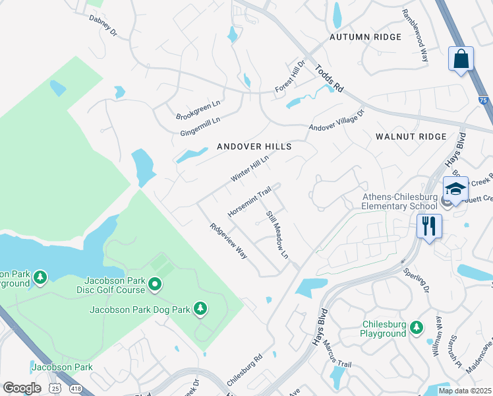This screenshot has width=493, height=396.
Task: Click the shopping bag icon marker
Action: (x=461, y=58)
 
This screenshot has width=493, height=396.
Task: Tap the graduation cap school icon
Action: (x=455, y=189)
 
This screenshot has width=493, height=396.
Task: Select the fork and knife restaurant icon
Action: (x=429, y=226)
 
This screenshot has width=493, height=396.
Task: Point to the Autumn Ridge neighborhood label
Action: (x=366, y=37)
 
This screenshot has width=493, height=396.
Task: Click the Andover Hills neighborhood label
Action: (x=254, y=147)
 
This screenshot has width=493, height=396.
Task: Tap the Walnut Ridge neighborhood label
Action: (x=411, y=137)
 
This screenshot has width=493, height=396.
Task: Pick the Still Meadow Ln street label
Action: (x=277, y=234)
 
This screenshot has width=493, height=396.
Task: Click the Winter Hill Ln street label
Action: (x=250, y=169)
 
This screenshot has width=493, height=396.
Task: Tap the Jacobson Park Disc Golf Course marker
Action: (x=156, y=285)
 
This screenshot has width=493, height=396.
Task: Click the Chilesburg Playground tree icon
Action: (x=416, y=327)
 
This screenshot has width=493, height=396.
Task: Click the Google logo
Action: (x=22, y=388)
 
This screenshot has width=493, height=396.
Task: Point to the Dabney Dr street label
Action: (x=102, y=25)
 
